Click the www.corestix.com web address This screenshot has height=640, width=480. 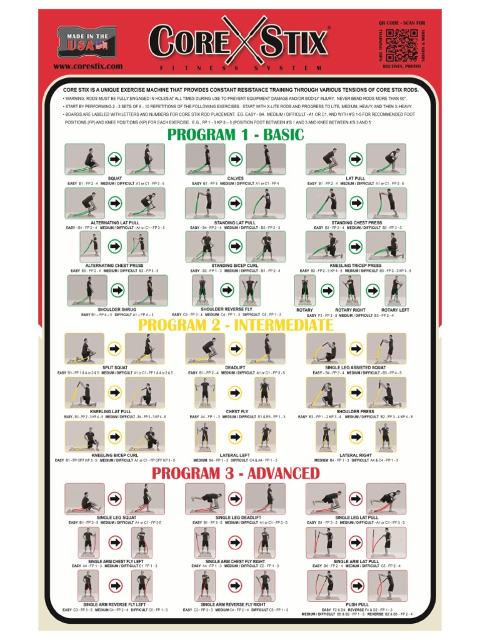(x=87, y=66)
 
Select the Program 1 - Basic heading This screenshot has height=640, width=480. (x=235, y=134)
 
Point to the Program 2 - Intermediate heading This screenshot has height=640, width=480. (x=236, y=326)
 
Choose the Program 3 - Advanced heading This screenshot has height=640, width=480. (x=236, y=473)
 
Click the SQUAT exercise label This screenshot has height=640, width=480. (x=115, y=178)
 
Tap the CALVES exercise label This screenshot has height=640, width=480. (x=236, y=178)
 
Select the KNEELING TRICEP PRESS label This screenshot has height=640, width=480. (x=355, y=266)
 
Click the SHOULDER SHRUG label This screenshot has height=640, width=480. (x=117, y=309)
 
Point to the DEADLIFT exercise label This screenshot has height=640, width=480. (x=235, y=367)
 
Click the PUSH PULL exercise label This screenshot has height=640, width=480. (x=357, y=604)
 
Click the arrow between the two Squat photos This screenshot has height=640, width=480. (x=115, y=159)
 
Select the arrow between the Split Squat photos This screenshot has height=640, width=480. (x=115, y=347)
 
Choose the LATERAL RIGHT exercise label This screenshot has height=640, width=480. (x=356, y=456)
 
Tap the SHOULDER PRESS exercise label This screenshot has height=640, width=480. (x=355, y=412)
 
